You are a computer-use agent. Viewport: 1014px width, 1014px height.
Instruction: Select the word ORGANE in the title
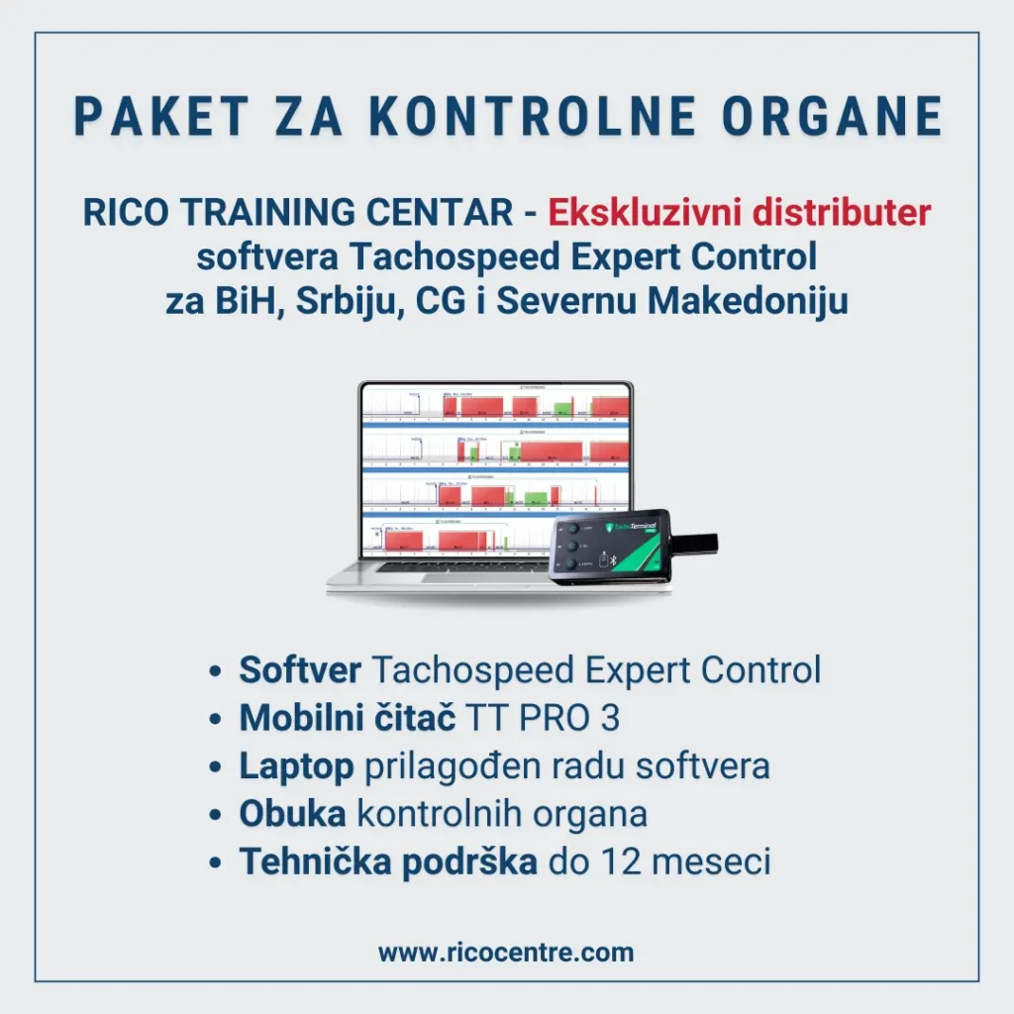click(833, 117)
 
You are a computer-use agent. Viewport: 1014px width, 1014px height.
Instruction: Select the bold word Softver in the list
click(300, 670)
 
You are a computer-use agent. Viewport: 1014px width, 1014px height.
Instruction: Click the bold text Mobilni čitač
click(347, 718)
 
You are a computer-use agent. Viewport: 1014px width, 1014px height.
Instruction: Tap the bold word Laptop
click(296, 765)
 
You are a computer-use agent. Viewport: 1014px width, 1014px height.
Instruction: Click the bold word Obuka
click(292, 814)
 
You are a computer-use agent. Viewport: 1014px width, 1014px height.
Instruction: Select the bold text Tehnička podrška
click(387, 862)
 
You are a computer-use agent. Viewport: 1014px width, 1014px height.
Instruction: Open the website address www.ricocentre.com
click(506, 953)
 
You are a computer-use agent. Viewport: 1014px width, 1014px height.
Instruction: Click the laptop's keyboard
click(446, 568)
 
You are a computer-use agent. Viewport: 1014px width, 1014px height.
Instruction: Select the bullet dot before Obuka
click(215, 816)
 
